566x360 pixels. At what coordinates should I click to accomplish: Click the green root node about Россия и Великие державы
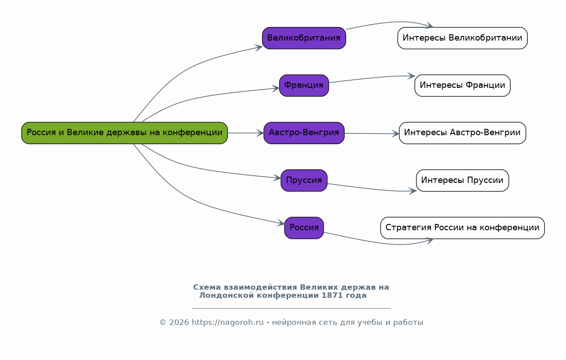point(124,133)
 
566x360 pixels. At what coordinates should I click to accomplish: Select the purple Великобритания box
point(304,38)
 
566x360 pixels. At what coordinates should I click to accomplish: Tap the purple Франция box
point(304,86)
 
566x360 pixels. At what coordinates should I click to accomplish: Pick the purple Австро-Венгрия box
point(304,133)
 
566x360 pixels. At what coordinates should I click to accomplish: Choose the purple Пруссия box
point(304,180)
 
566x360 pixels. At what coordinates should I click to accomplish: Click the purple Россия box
point(304,228)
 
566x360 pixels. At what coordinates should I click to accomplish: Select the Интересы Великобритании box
point(462,38)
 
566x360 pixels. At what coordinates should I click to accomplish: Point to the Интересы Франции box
point(462,86)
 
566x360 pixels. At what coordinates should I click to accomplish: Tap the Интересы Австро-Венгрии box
point(462,133)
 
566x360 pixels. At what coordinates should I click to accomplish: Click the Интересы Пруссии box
point(462,180)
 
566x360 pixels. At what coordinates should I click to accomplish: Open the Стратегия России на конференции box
point(462,228)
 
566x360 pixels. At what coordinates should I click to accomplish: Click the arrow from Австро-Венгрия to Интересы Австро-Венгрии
point(371,133)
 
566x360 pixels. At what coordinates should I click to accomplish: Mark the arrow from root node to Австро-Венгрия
point(245,133)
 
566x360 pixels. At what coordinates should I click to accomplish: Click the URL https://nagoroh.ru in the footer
point(227,323)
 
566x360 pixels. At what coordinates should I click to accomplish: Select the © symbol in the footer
point(163,323)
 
